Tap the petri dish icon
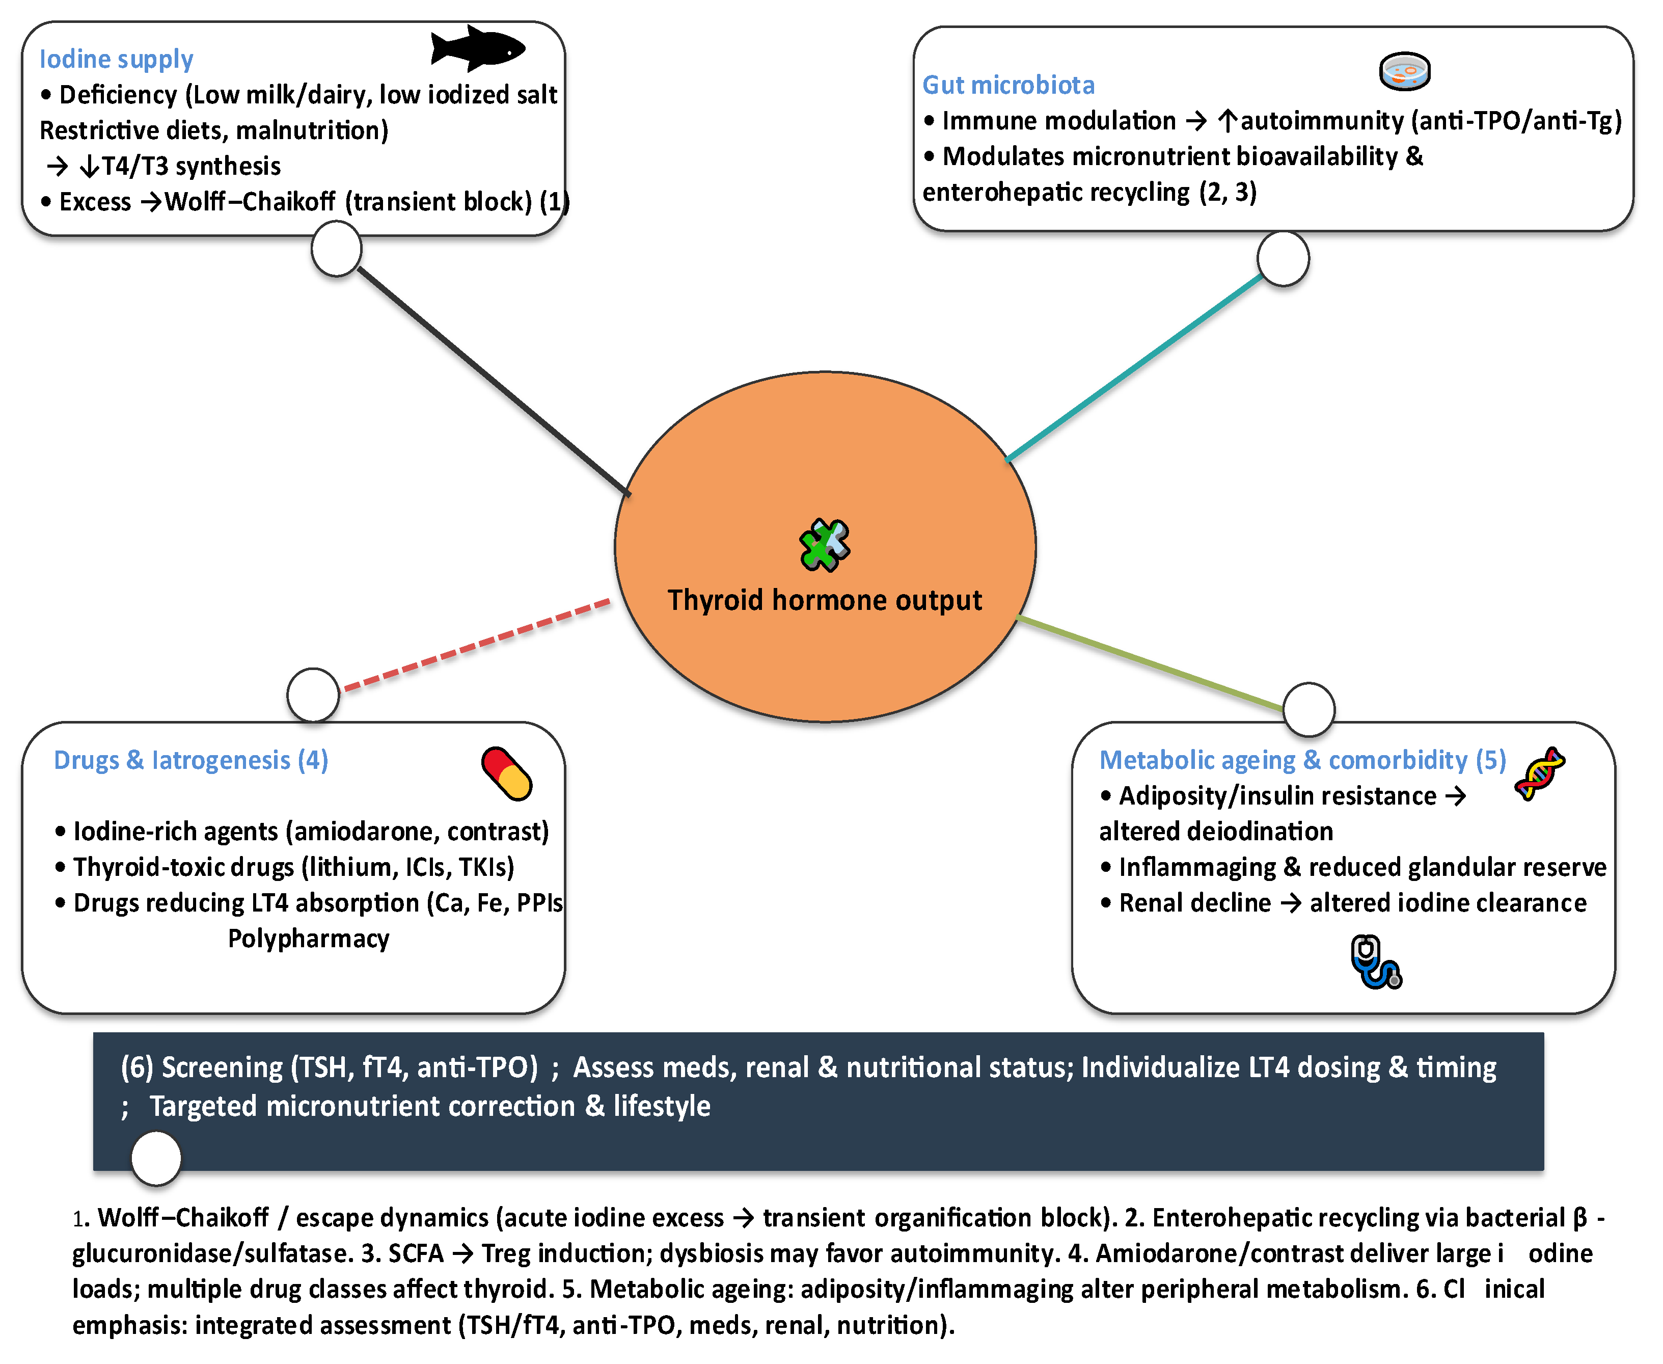(x=1405, y=71)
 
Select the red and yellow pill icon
(x=507, y=773)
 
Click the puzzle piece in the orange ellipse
(x=824, y=545)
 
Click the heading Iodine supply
(x=116, y=59)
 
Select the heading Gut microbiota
(x=1008, y=85)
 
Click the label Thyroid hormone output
(x=824, y=600)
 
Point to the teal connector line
(x=1134, y=367)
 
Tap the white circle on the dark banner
(x=156, y=1157)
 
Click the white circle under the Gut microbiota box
(x=1283, y=258)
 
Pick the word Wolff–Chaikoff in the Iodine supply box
(x=250, y=202)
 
